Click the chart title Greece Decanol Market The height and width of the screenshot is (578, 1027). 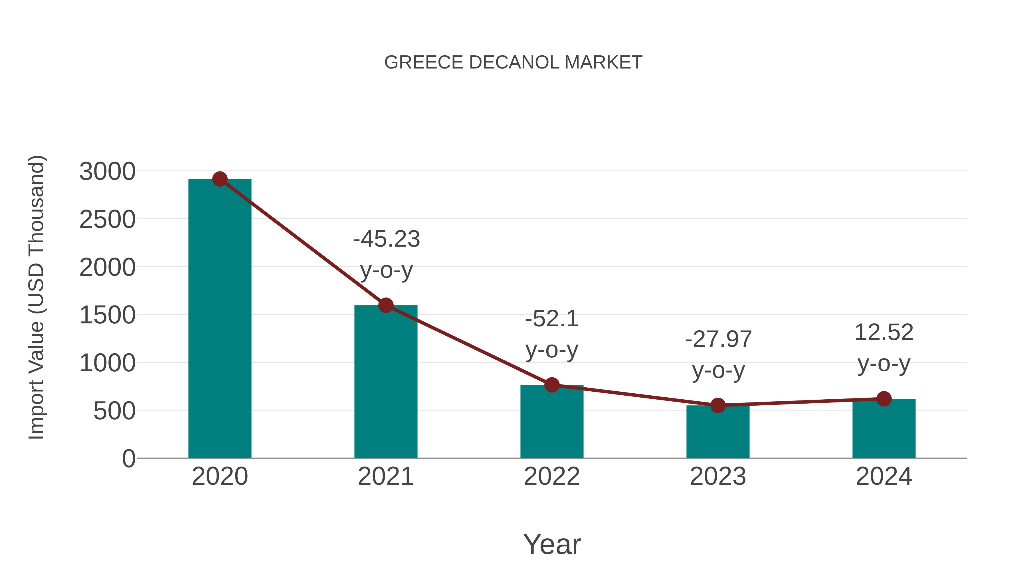point(513,63)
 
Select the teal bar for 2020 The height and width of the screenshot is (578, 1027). point(220,319)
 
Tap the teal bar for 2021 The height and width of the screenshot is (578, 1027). point(385,383)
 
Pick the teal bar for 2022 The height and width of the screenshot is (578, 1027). point(552,423)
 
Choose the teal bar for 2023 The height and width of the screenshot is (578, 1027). point(718,433)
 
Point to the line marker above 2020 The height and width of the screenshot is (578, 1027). point(220,179)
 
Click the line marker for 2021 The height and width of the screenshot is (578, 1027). point(385,305)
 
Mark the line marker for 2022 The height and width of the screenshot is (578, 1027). point(552,385)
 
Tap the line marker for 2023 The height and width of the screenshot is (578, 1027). point(718,405)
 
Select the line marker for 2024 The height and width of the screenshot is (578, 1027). point(884,398)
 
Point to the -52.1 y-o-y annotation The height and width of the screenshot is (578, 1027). point(552,334)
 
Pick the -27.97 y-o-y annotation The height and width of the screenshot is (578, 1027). point(718,354)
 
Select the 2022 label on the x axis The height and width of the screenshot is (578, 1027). point(552,476)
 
